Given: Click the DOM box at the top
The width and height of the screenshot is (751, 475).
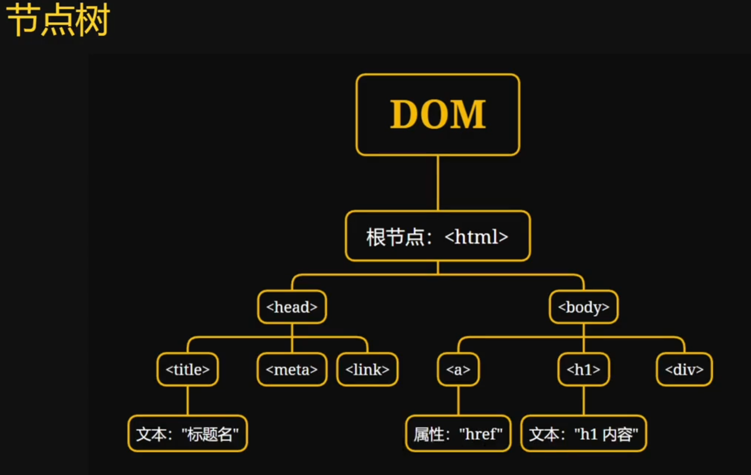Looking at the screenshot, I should click(x=438, y=114).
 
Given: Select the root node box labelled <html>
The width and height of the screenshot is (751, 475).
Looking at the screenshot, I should click(x=438, y=236).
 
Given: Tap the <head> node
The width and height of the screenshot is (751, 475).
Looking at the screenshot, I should click(x=292, y=307).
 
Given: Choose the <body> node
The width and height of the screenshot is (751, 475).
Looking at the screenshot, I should click(x=583, y=307).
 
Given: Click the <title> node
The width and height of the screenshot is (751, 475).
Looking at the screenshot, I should click(x=187, y=369).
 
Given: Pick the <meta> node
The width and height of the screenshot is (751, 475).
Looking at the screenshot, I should click(x=292, y=369).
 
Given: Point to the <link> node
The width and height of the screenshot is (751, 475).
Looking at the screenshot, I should click(x=367, y=369).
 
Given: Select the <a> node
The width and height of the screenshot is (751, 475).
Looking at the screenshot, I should click(x=458, y=369).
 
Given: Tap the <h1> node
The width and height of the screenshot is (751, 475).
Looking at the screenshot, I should click(x=583, y=369).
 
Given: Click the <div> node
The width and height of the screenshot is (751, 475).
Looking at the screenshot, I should click(x=684, y=369).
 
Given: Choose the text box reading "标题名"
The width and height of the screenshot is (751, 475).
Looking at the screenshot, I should click(x=187, y=434).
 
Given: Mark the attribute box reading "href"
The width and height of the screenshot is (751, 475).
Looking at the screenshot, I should click(x=458, y=434).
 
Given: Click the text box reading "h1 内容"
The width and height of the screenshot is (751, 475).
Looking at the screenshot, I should click(x=583, y=434).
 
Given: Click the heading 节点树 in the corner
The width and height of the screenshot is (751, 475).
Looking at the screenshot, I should click(x=58, y=20).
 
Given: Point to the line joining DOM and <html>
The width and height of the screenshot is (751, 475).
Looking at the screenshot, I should click(x=438, y=183).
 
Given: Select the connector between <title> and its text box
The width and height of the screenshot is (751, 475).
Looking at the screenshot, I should click(x=187, y=401).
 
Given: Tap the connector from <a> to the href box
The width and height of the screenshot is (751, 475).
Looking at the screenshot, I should click(x=458, y=401).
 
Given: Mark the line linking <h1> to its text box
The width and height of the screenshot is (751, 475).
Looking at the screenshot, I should click(x=583, y=401).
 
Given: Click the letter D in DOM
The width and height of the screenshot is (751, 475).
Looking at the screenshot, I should click(x=405, y=114).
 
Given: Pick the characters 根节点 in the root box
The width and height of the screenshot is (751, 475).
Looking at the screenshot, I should click(x=395, y=237).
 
